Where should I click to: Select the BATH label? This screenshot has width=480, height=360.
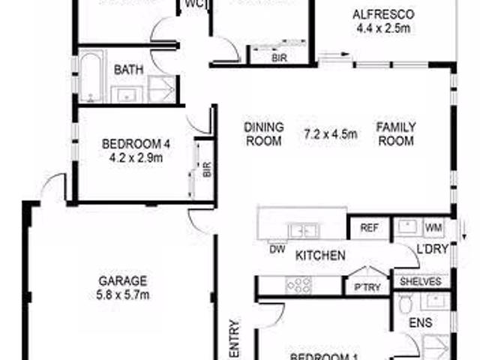[x=129, y=70]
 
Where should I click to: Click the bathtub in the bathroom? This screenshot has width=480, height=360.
[x=91, y=76]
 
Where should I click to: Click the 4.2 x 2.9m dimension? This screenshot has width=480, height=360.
[x=136, y=157]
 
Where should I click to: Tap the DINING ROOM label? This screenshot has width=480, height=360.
[x=263, y=134]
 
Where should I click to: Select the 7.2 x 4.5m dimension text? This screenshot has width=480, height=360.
[x=331, y=135]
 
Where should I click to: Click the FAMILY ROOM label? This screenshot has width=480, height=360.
[x=396, y=134]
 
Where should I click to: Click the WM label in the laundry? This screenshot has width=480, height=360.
[x=433, y=227]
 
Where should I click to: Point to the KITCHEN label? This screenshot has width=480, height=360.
[x=320, y=256]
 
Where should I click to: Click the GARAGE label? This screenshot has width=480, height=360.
[x=123, y=281]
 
